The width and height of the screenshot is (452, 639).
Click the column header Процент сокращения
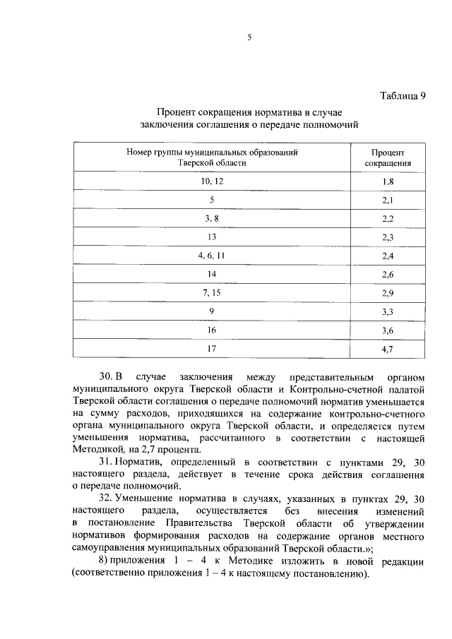point(388,157)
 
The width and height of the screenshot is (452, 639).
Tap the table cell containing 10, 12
point(212,182)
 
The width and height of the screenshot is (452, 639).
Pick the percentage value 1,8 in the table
point(388,182)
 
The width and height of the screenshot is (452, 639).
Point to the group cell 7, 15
point(212,292)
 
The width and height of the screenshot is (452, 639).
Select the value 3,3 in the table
point(388,311)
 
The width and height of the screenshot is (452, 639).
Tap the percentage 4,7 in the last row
point(388,347)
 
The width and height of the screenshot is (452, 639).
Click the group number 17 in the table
point(212,347)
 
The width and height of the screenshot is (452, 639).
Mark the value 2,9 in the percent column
point(388,292)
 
